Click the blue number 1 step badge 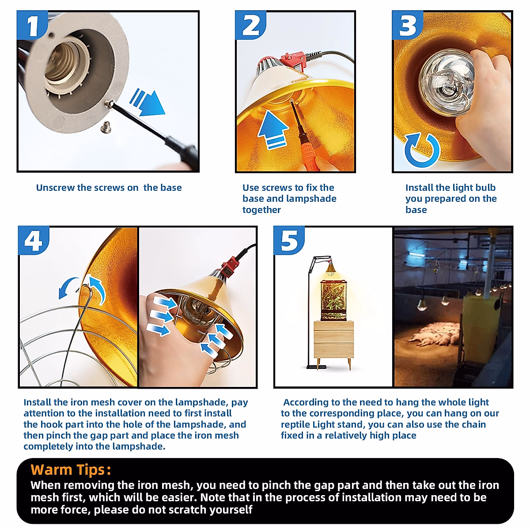(x=32, y=25)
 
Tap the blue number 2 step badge (x=250, y=25)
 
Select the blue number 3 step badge (x=407, y=25)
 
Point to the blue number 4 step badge (x=34, y=241)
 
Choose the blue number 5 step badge (x=289, y=241)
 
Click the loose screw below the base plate (x=106, y=127)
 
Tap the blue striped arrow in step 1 (x=147, y=102)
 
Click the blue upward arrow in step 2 (x=273, y=130)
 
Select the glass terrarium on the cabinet (x=333, y=300)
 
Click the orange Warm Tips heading (x=71, y=469)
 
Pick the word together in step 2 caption (x=261, y=210)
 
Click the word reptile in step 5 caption (x=295, y=424)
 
